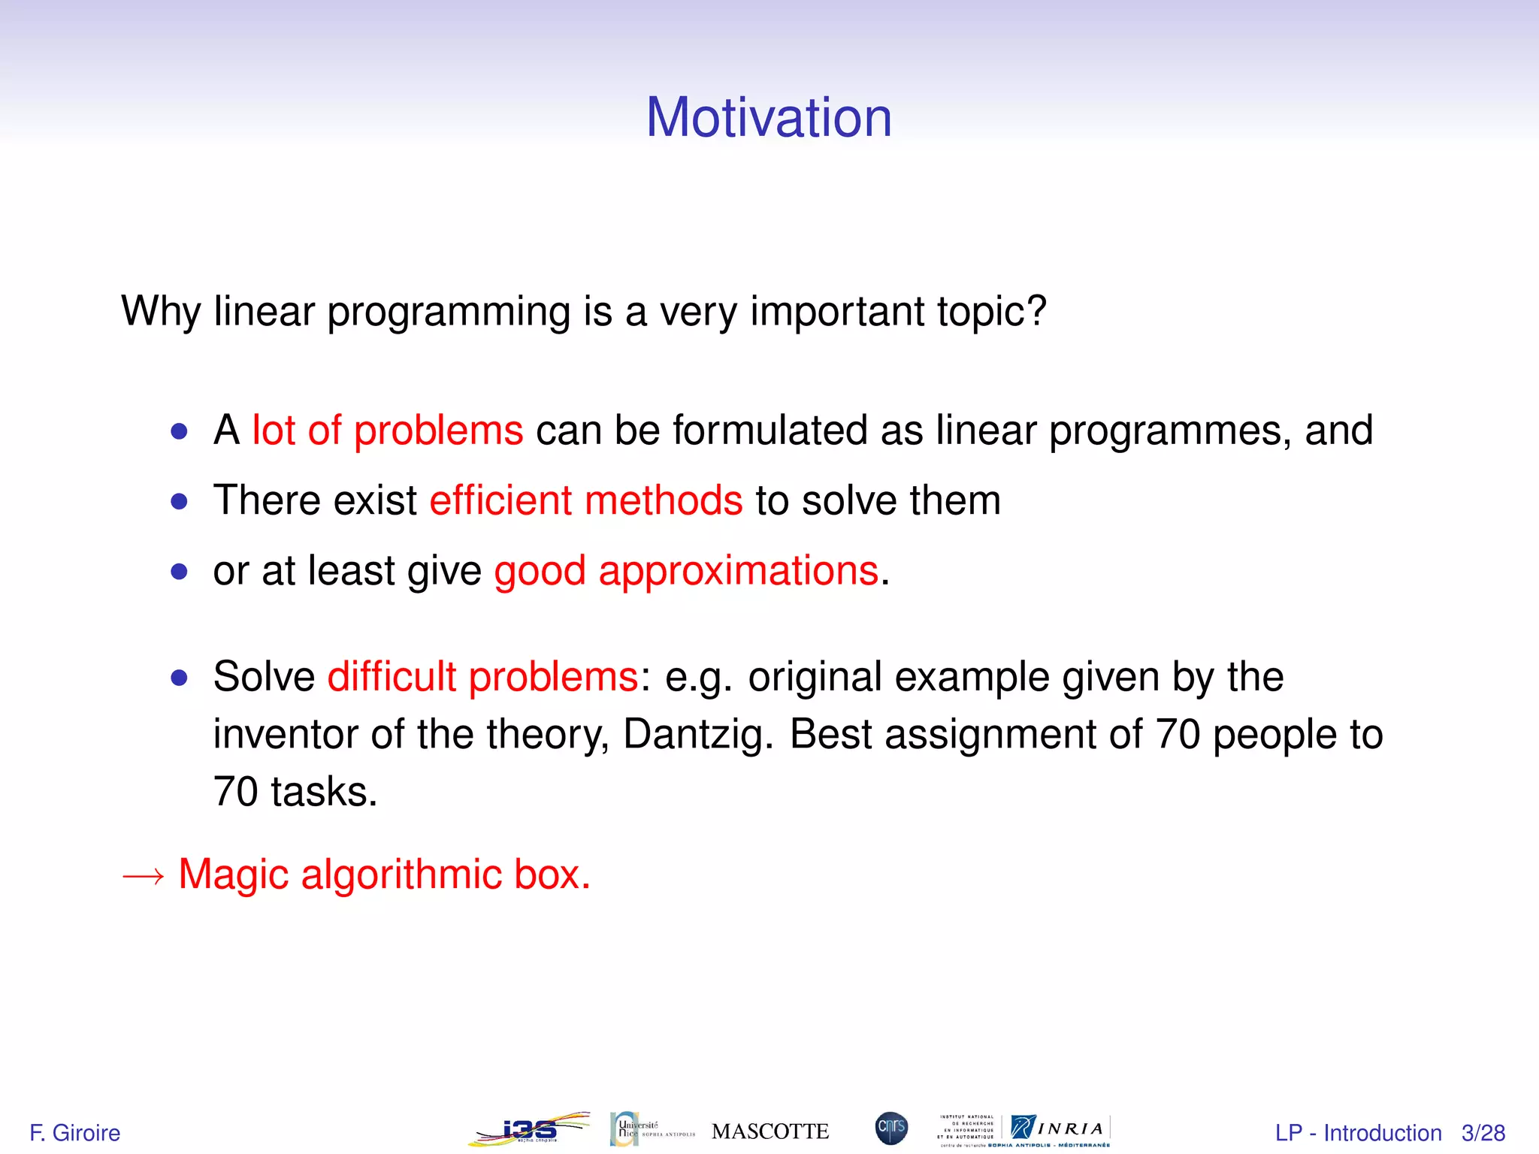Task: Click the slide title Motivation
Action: point(769,118)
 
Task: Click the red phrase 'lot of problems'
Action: point(387,430)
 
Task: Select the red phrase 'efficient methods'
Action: point(585,501)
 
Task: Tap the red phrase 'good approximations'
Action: point(686,571)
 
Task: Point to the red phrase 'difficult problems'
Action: point(482,677)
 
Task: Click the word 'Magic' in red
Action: point(233,875)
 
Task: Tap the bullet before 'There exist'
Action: point(179,501)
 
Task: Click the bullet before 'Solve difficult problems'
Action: point(179,678)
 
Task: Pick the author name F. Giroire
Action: point(74,1132)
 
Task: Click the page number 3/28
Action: point(1483,1132)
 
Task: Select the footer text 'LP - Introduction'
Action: point(1358,1132)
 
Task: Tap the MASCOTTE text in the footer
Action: point(769,1131)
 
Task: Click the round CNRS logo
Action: point(891,1128)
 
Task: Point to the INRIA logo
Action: point(1060,1128)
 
